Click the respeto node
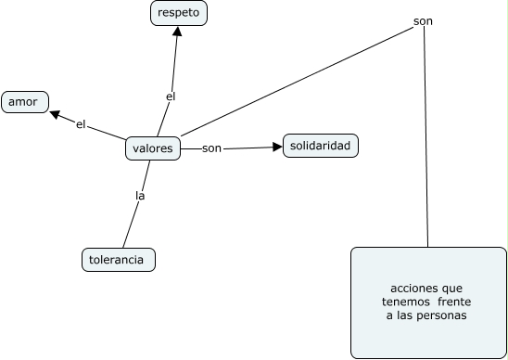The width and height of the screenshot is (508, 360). (x=179, y=13)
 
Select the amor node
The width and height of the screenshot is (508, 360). (x=24, y=101)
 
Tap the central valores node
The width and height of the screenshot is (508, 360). (x=152, y=148)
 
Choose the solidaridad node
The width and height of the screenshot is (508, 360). (x=320, y=146)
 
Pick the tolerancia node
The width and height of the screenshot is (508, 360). (x=118, y=260)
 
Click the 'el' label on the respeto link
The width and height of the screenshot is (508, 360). (x=170, y=96)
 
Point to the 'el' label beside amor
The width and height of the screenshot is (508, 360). (x=81, y=124)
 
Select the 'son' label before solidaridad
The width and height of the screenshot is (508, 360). (x=211, y=148)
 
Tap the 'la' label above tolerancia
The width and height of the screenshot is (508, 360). (x=141, y=196)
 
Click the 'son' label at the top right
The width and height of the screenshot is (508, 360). (x=423, y=20)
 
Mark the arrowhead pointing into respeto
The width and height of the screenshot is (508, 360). (x=177, y=31)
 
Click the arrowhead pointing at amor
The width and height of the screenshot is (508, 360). (x=55, y=115)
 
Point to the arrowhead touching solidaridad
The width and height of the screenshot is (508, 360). (x=277, y=147)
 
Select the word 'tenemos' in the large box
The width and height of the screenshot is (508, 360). (x=404, y=302)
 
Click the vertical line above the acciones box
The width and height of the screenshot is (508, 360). (x=425, y=139)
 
